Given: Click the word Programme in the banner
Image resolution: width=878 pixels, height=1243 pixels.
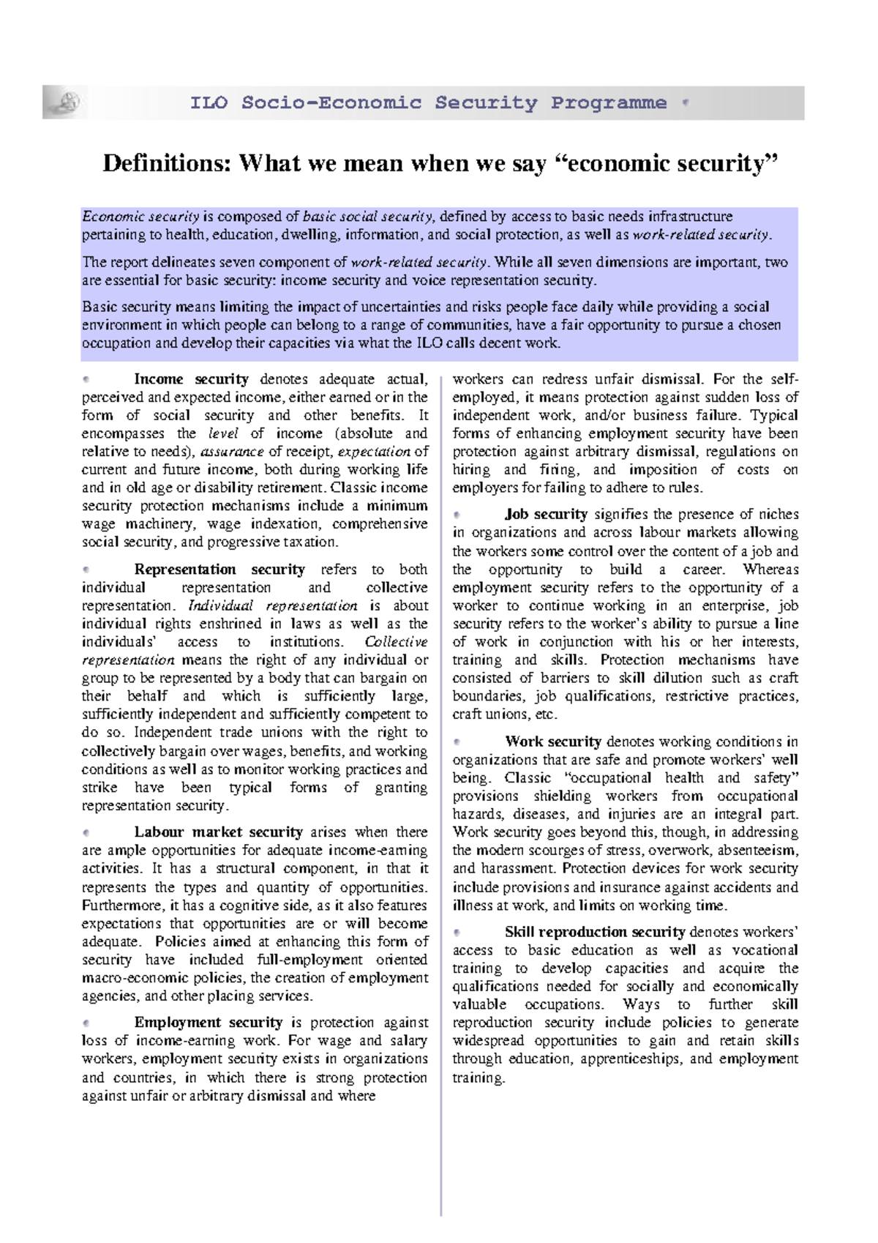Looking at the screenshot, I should (609, 103).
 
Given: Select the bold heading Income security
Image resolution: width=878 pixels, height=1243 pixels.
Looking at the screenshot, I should (191, 379).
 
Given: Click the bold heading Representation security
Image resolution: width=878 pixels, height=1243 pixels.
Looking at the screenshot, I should (219, 570).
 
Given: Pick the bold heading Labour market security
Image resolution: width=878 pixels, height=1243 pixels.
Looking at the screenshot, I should (218, 832).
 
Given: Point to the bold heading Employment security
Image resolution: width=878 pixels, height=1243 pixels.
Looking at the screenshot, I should (209, 1023).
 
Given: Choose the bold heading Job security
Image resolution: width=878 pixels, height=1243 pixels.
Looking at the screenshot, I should (546, 515).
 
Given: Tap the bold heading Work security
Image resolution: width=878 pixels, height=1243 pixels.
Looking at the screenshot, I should (553, 742).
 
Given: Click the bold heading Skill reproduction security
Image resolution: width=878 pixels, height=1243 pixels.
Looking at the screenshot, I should (595, 932).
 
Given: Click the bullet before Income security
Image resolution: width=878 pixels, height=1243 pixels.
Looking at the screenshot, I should (86, 379).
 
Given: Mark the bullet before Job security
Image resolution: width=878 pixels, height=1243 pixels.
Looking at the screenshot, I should (457, 515).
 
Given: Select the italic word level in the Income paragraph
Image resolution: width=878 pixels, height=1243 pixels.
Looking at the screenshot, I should (224, 433).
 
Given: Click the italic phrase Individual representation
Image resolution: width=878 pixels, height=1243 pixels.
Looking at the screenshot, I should (273, 606).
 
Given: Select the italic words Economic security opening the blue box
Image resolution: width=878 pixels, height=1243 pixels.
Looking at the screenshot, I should (140, 217).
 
